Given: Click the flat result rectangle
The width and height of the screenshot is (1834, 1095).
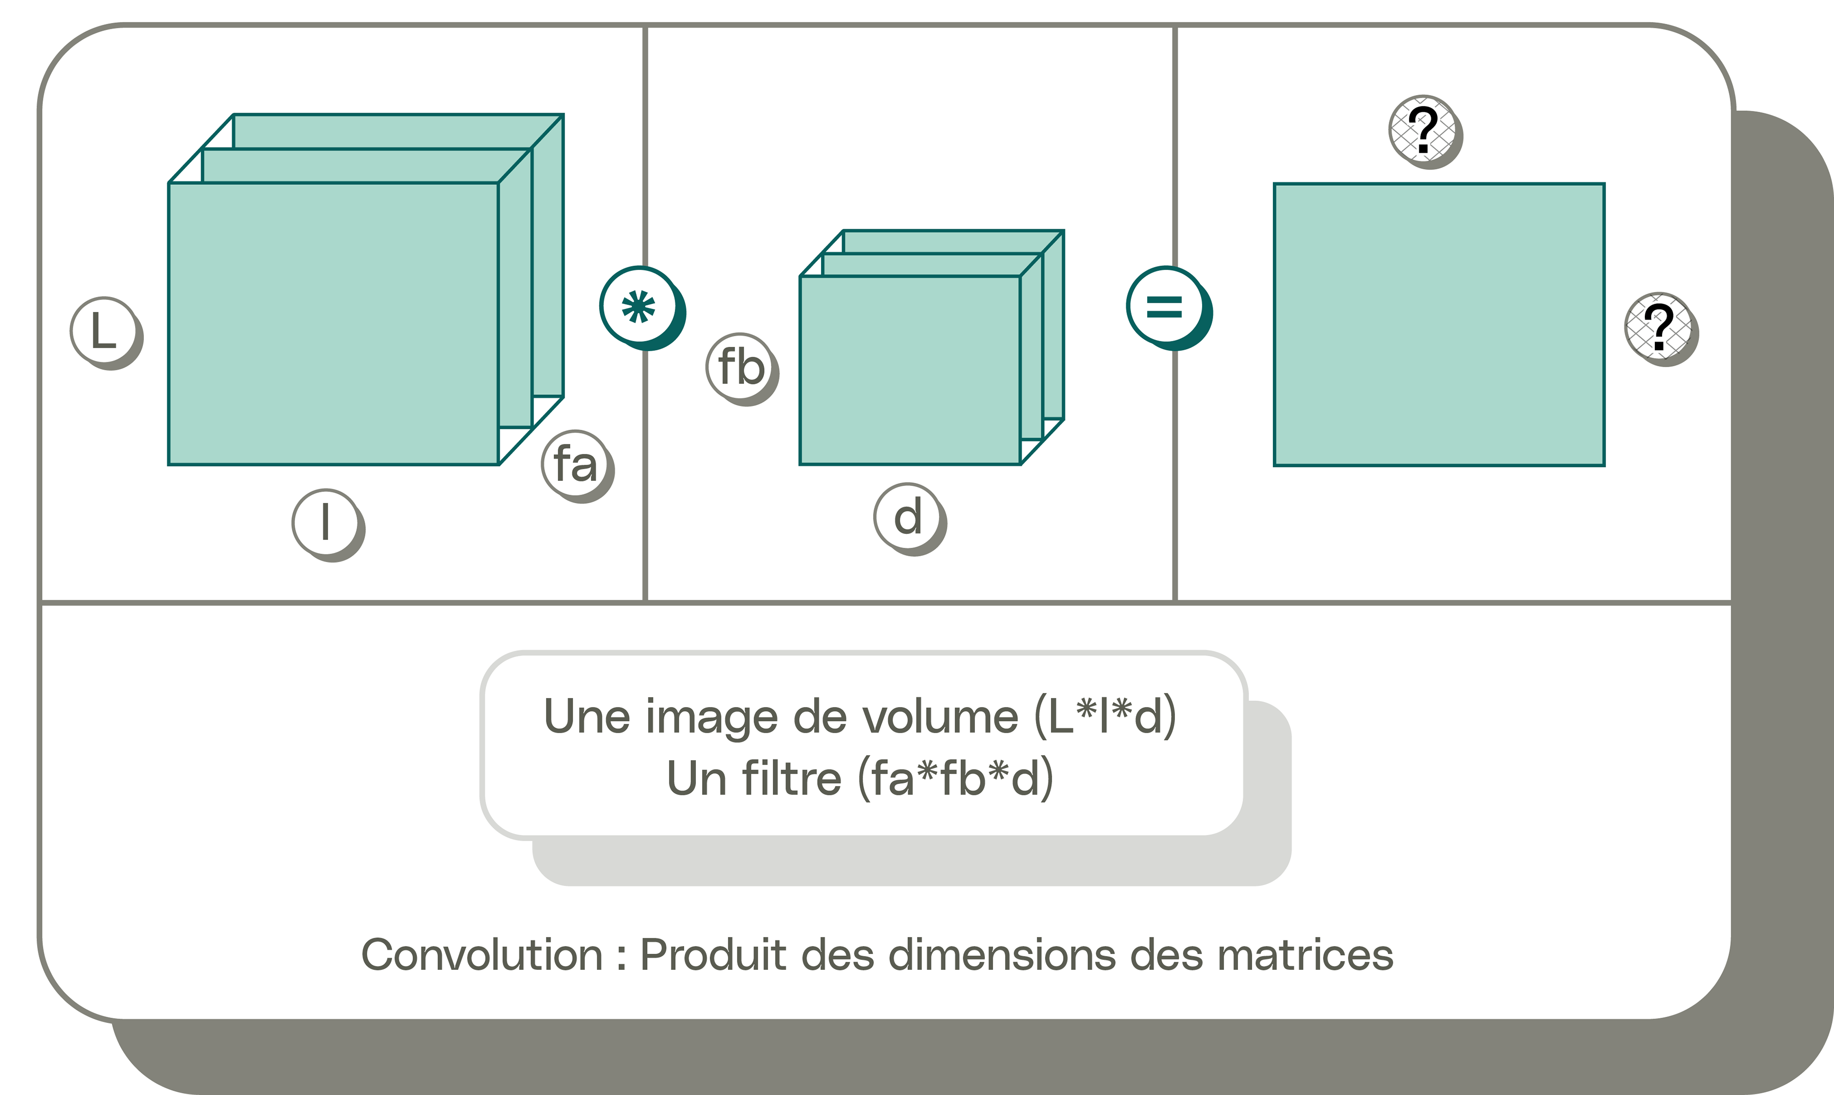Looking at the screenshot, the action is pos(1439,325).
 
